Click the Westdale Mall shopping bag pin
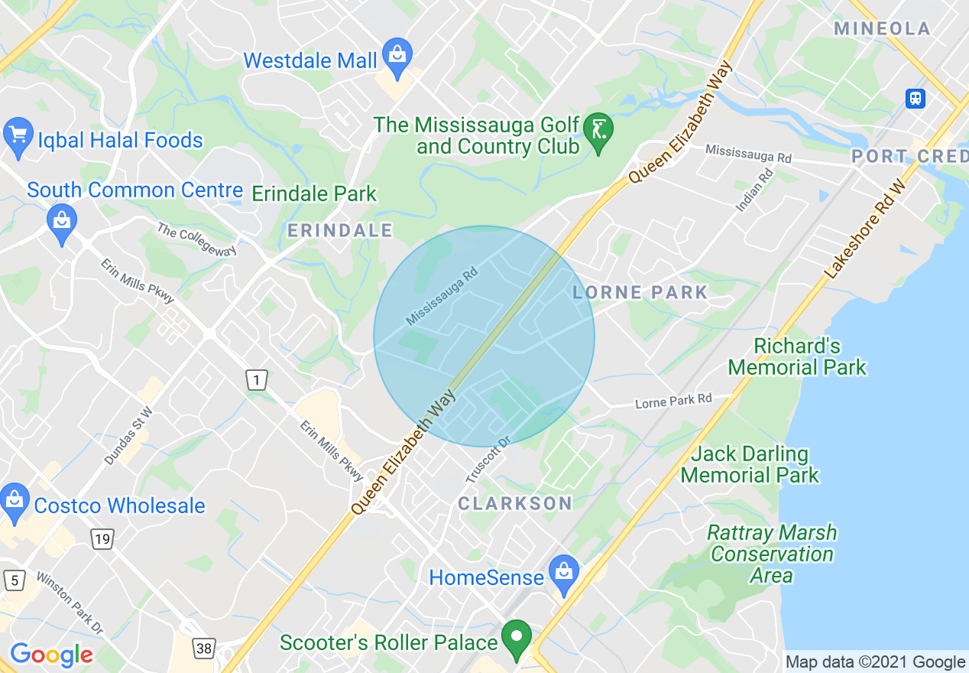point(397,56)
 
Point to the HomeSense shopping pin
point(564,572)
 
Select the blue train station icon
point(916,98)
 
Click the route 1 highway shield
point(257,379)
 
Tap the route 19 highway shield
point(102,539)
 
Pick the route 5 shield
point(13,580)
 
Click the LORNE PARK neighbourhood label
point(640,292)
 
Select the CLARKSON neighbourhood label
point(514,502)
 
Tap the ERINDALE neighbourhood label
point(340,230)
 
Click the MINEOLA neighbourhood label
point(883,29)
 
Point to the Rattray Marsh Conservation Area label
point(772,554)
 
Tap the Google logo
point(51,655)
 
